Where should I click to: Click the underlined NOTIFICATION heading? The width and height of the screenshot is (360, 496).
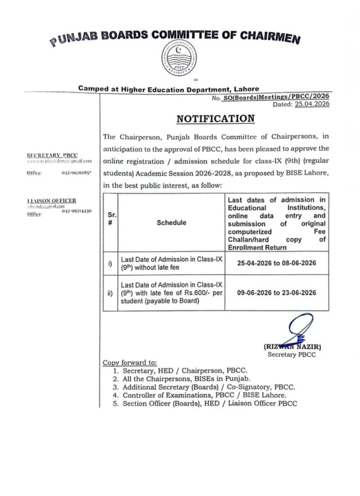pos(215,118)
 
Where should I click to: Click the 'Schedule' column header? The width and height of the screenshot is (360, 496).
pos(171,222)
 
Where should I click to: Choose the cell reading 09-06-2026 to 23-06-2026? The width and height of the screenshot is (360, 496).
pos(277,293)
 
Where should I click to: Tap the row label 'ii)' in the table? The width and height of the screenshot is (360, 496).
pos(110,293)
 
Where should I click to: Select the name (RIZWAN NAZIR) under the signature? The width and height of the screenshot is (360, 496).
pos(293,347)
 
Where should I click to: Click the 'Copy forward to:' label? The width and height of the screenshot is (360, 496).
pos(130,362)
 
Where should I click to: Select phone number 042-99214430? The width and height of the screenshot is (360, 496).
pos(77,212)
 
